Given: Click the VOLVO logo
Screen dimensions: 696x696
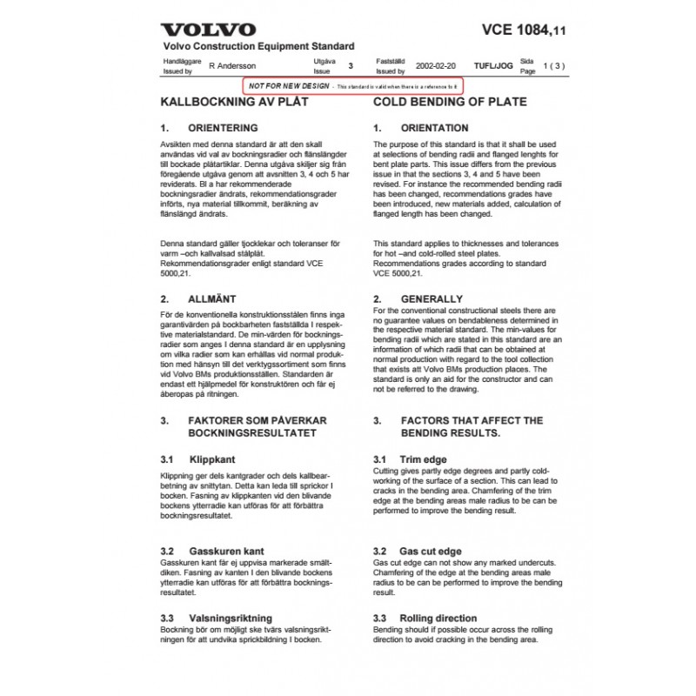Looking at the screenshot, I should (209, 30).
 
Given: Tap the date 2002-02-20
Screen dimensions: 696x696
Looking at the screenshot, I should (436, 65).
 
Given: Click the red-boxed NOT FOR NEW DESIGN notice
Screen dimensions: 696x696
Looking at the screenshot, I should (353, 87).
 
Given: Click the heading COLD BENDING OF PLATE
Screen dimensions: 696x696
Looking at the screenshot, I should (450, 102).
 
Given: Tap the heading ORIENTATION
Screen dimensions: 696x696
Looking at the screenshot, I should (434, 128).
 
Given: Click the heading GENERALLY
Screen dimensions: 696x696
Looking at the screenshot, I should (432, 298).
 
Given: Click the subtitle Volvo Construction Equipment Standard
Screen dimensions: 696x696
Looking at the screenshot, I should (258, 46).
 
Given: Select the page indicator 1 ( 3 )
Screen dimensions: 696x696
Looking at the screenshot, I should (552, 65).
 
